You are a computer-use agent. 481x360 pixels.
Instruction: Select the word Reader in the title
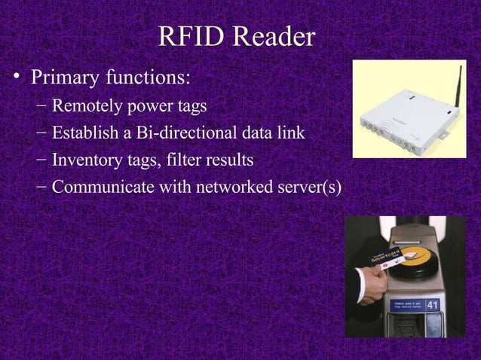point(274,38)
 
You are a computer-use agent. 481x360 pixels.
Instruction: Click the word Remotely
point(90,106)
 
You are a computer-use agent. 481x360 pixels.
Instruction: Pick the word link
point(292,133)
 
